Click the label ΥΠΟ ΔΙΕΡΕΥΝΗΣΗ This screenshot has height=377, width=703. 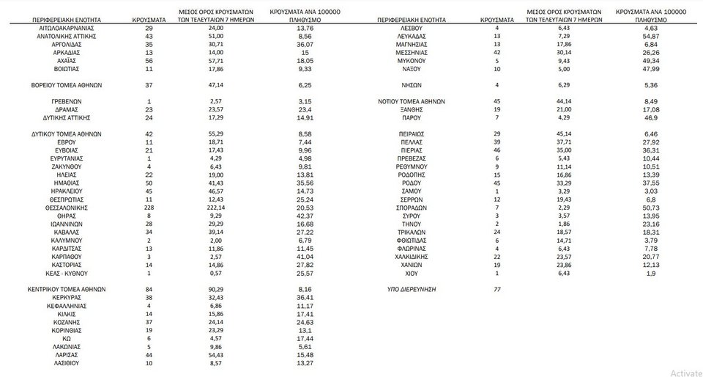click(x=411, y=290)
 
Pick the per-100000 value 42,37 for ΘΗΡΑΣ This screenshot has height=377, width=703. click(x=306, y=216)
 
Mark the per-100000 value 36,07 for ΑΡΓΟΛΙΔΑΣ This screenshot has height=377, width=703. click(x=306, y=44)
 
